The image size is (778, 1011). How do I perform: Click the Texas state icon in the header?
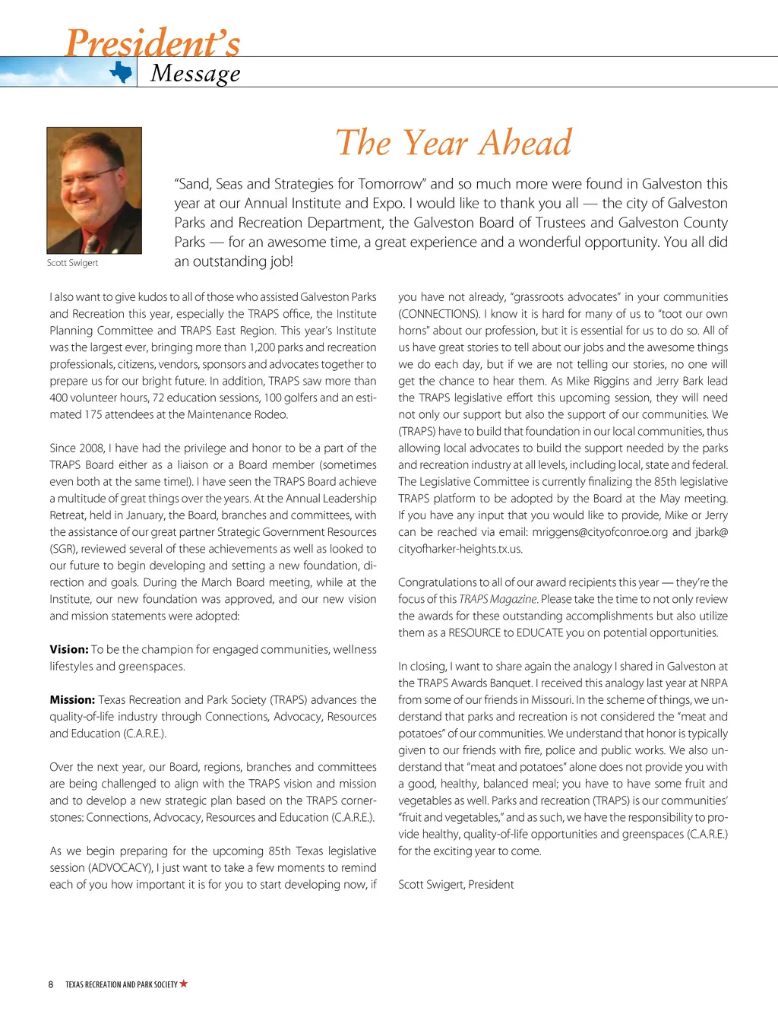click(x=121, y=72)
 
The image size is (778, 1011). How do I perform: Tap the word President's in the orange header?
click(x=153, y=43)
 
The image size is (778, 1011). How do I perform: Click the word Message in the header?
click(x=195, y=73)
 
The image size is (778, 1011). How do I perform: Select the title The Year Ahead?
click(x=454, y=142)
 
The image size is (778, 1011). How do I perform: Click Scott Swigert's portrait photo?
click(x=94, y=190)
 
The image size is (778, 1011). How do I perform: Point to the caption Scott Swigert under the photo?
click(x=72, y=263)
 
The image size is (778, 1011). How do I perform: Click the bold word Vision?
click(x=69, y=649)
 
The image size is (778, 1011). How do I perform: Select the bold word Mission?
click(x=72, y=699)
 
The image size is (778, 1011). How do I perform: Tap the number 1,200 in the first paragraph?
click(x=262, y=347)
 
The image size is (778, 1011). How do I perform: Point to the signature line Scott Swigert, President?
click(x=456, y=884)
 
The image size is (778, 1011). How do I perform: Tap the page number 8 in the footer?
click(x=51, y=984)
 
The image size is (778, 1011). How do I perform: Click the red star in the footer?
click(x=184, y=984)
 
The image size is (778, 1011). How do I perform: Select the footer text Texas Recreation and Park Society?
click(x=121, y=984)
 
